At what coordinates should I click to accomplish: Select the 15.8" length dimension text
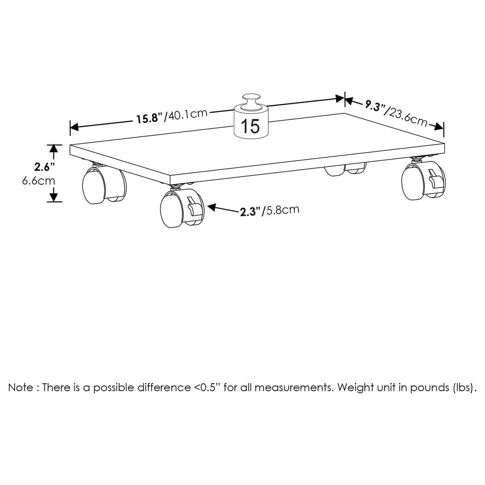pos(150,118)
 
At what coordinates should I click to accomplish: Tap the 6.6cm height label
pos(39,180)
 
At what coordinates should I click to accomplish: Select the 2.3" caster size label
pos(250,212)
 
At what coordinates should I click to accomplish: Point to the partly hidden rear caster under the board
pos(345,169)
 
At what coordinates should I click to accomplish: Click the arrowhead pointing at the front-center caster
pos(211,207)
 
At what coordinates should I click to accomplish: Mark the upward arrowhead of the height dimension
pos(54,149)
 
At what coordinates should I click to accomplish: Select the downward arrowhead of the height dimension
pos(54,197)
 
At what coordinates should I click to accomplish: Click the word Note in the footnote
pos(21,387)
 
